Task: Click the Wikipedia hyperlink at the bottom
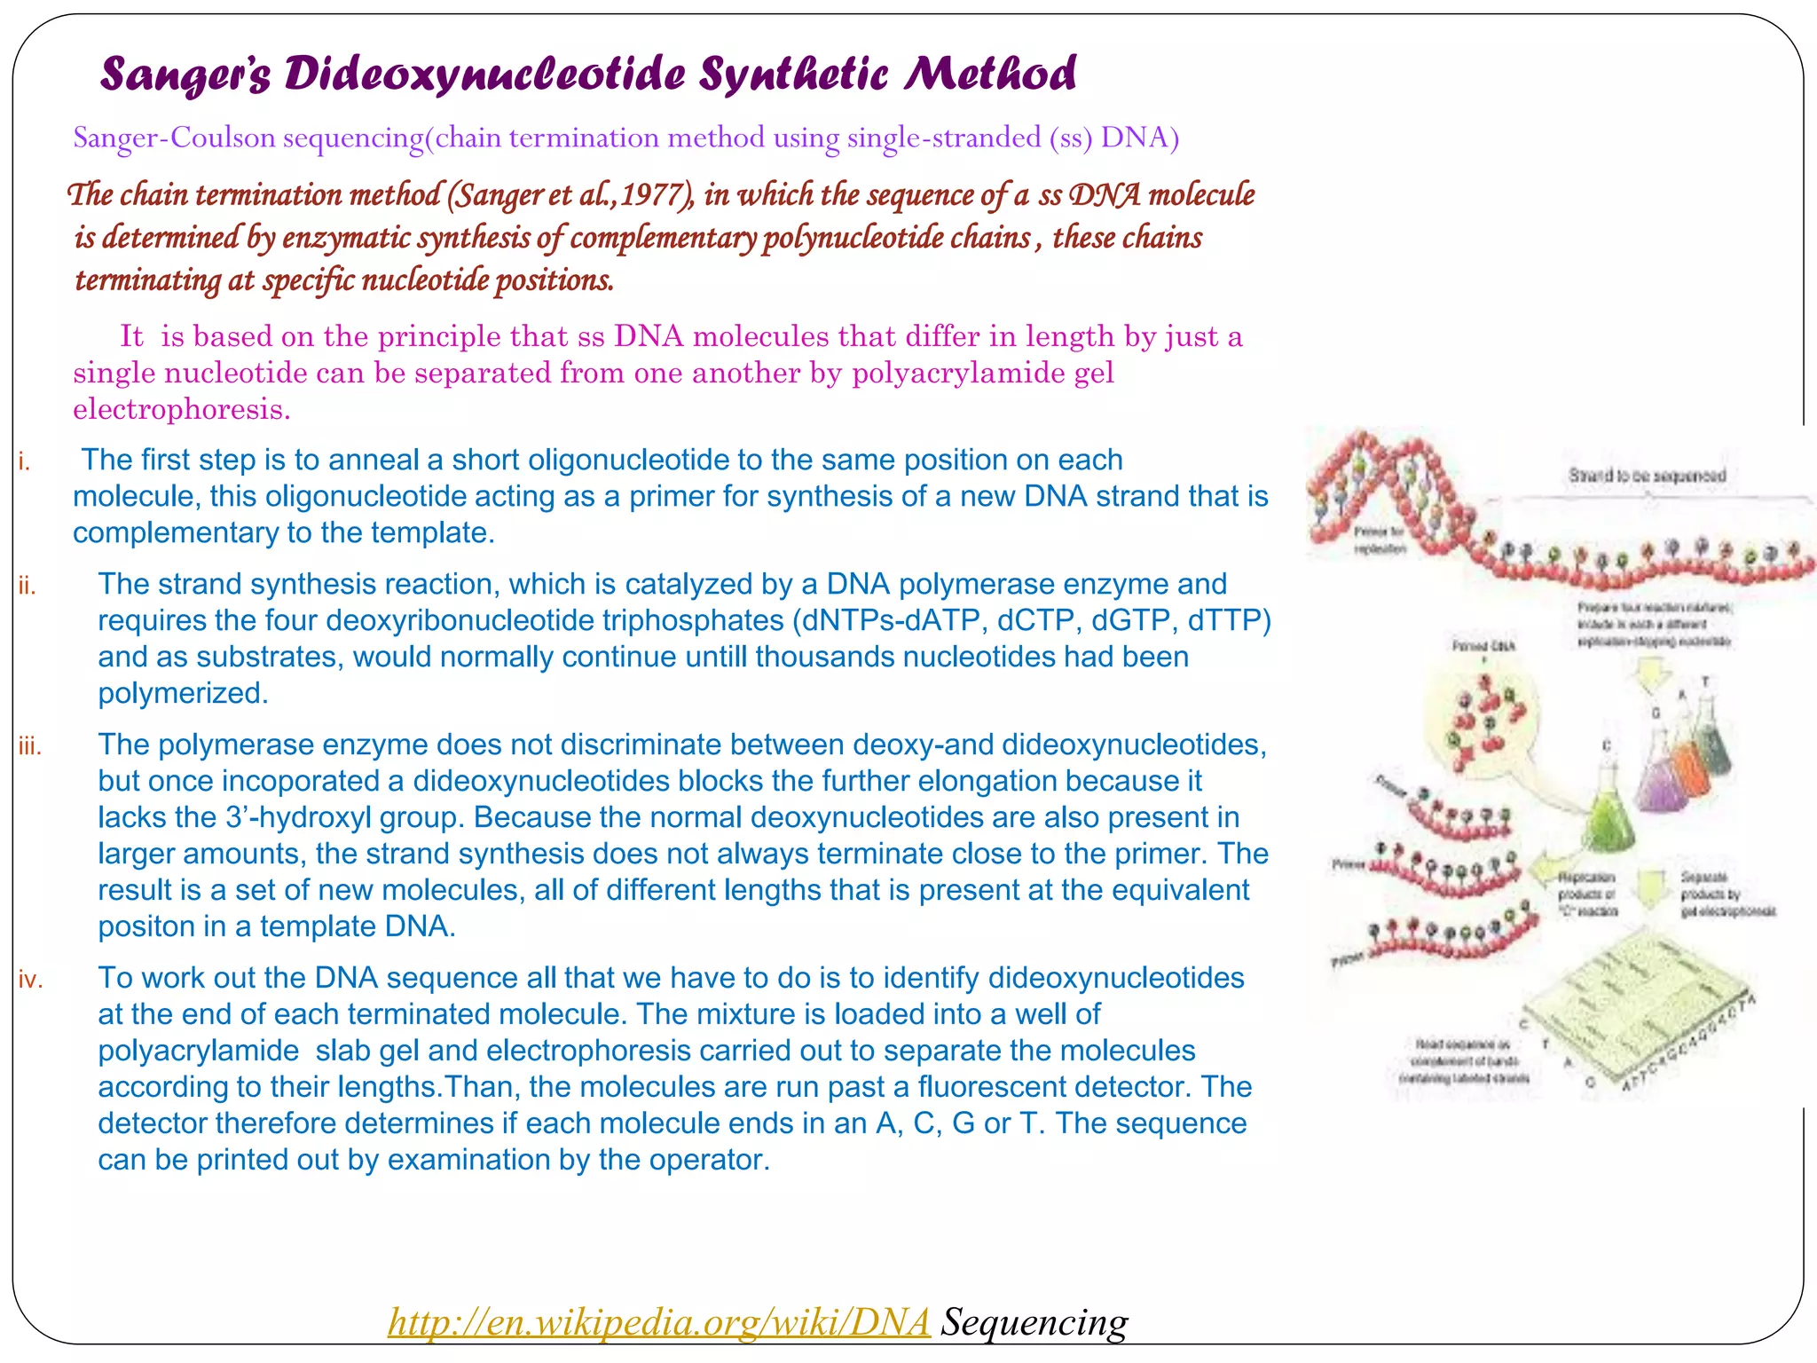tap(658, 1321)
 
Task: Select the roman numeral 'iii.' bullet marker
tap(30, 746)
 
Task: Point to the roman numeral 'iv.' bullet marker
tap(30, 980)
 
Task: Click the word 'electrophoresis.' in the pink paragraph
tap(182, 410)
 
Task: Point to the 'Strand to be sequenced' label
tap(1647, 476)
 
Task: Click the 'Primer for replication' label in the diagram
tap(1379, 540)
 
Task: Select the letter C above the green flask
tap(1606, 746)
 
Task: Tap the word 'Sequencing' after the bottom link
tap(1034, 1321)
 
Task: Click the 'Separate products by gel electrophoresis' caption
tap(1727, 894)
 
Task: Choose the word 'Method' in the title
tap(990, 75)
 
